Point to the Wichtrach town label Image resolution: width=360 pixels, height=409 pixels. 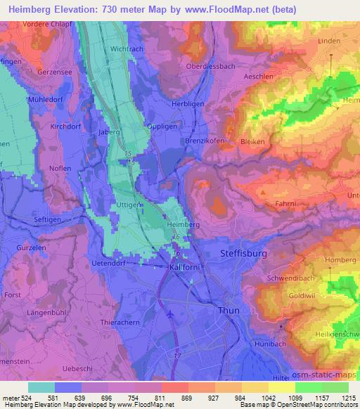click(127, 50)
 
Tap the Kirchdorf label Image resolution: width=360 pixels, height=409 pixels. click(67, 126)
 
